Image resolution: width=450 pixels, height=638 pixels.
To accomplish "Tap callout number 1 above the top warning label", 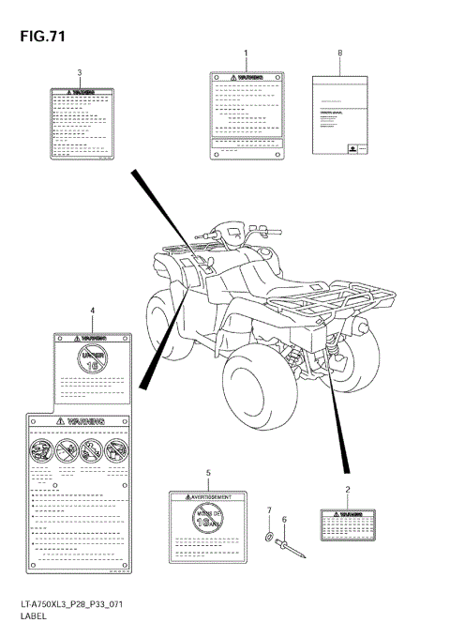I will point(247,53).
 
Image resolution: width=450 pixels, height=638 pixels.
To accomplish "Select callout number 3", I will point(80,72).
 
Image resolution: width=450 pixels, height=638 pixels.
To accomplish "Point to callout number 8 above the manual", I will point(339,53).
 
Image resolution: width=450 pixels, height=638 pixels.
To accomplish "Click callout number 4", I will point(92,310).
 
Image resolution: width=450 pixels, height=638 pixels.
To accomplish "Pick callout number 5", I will point(208,473).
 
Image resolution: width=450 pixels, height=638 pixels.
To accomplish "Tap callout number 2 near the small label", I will point(348,490).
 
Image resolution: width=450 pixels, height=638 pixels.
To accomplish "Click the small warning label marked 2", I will point(347,524).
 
